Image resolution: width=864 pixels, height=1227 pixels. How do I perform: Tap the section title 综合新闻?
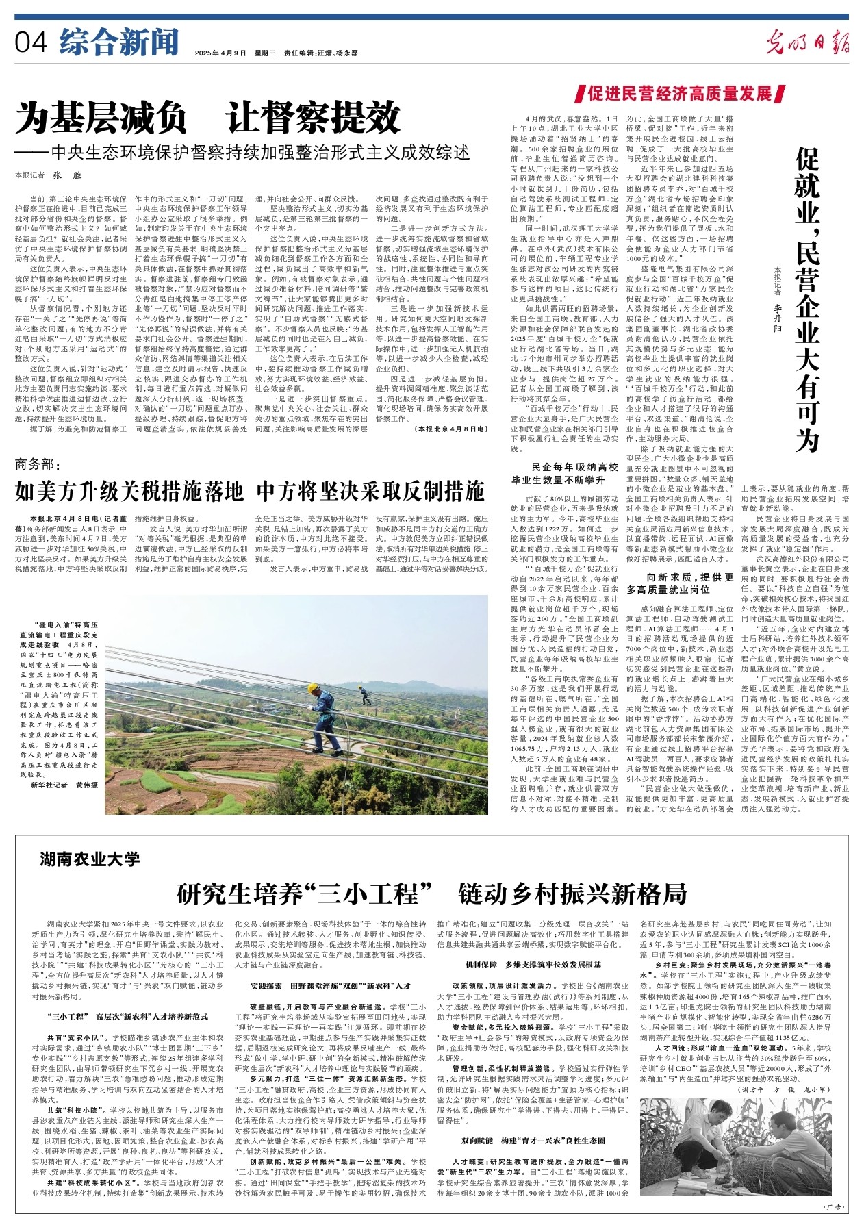(x=118, y=42)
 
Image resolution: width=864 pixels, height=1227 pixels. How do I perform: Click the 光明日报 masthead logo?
(x=807, y=43)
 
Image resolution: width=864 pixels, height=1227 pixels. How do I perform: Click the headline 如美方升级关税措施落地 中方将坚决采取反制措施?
(x=250, y=491)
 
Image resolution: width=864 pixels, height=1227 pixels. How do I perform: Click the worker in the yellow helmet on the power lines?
(x=321, y=711)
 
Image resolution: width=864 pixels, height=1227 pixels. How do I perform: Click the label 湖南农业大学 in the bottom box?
(x=89, y=859)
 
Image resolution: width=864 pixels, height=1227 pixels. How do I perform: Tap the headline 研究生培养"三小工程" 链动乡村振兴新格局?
(x=431, y=894)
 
